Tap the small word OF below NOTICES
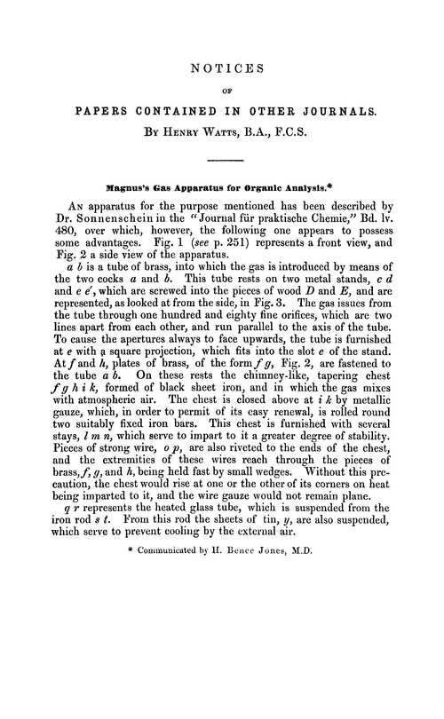click(x=222, y=89)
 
